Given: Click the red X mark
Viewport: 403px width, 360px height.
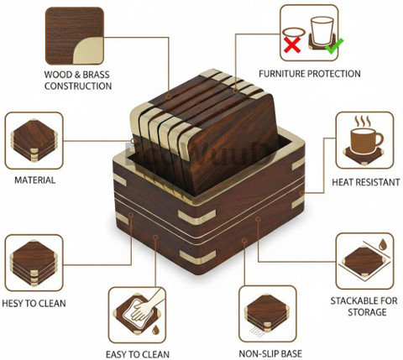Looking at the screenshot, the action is [292, 44].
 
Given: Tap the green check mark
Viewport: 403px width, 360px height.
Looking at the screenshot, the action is [334, 46].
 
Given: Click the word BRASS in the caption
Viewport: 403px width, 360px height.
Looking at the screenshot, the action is [96, 75].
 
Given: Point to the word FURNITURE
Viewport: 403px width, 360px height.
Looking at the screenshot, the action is [282, 74].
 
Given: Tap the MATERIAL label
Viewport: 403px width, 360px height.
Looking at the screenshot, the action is [35, 180].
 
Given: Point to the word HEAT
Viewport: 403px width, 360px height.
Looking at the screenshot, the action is [343, 182].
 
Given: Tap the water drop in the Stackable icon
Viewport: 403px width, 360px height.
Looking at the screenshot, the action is [383, 244].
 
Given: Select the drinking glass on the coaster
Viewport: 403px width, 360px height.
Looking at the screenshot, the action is [322, 30].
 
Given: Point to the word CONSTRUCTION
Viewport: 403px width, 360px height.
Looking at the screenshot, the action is [78, 86].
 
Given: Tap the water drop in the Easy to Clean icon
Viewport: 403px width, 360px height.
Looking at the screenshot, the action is [155, 330].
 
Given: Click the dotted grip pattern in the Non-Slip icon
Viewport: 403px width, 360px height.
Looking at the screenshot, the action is [257, 331].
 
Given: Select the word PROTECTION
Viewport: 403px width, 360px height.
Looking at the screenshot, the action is [334, 74].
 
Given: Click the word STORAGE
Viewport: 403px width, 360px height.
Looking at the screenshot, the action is [367, 312].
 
